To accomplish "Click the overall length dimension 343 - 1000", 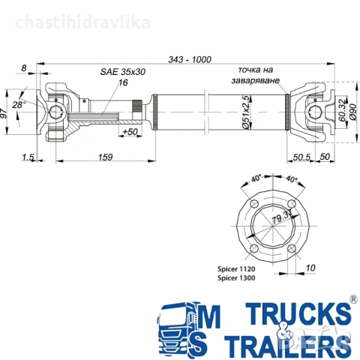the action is click(190, 59).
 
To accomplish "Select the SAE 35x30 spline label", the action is click(122, 72).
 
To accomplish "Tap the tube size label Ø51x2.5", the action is click(246, 112).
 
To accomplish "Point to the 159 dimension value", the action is click(105, 157).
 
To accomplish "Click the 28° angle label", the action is click(19, 104).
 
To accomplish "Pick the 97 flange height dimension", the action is click(4, 113).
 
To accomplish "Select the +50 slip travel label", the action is click(130, 132).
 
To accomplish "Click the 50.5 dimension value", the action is click(301, 157).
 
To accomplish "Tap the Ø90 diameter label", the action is click(353, 112).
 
